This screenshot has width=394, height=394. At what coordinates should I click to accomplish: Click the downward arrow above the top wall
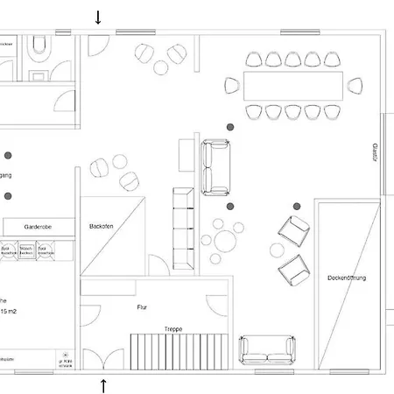[98, 17]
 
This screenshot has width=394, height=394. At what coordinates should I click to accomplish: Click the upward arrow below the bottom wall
[103, 385]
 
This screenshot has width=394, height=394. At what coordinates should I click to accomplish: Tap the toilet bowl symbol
[38, 47]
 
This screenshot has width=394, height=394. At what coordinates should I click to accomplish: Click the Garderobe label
[38, 226]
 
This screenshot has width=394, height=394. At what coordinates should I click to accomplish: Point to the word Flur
[142, 307]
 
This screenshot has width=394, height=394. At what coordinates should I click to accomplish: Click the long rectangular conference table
[292, 85]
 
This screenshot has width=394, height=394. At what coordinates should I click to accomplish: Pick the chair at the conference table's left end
[232, 85]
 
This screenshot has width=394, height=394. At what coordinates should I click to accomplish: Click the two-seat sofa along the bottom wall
[266, 348]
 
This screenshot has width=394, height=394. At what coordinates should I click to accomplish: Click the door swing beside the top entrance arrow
[98, 44]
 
